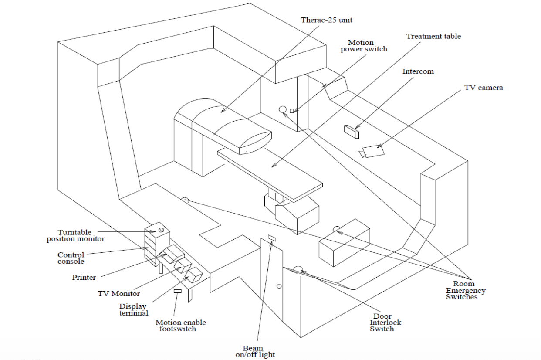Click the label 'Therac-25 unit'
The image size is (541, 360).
327,20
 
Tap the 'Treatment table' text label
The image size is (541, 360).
433,36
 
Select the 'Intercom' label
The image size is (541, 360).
418,71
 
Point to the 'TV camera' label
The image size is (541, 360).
484,88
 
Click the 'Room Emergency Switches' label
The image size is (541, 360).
465,290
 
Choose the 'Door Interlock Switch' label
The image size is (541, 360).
385,323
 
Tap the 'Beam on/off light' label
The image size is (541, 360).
255,351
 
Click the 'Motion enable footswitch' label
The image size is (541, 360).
181,326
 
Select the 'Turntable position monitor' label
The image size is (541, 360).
76,236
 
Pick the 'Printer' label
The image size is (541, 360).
84,277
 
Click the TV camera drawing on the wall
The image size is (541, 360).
371,152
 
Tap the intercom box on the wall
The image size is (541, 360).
352,132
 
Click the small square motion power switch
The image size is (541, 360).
292,111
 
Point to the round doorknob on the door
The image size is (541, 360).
279,286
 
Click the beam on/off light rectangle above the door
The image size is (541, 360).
272,238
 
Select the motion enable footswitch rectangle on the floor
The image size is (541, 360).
178,291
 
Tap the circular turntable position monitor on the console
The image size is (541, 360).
161,230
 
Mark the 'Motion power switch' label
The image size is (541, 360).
364,46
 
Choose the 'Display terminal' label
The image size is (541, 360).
133,310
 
